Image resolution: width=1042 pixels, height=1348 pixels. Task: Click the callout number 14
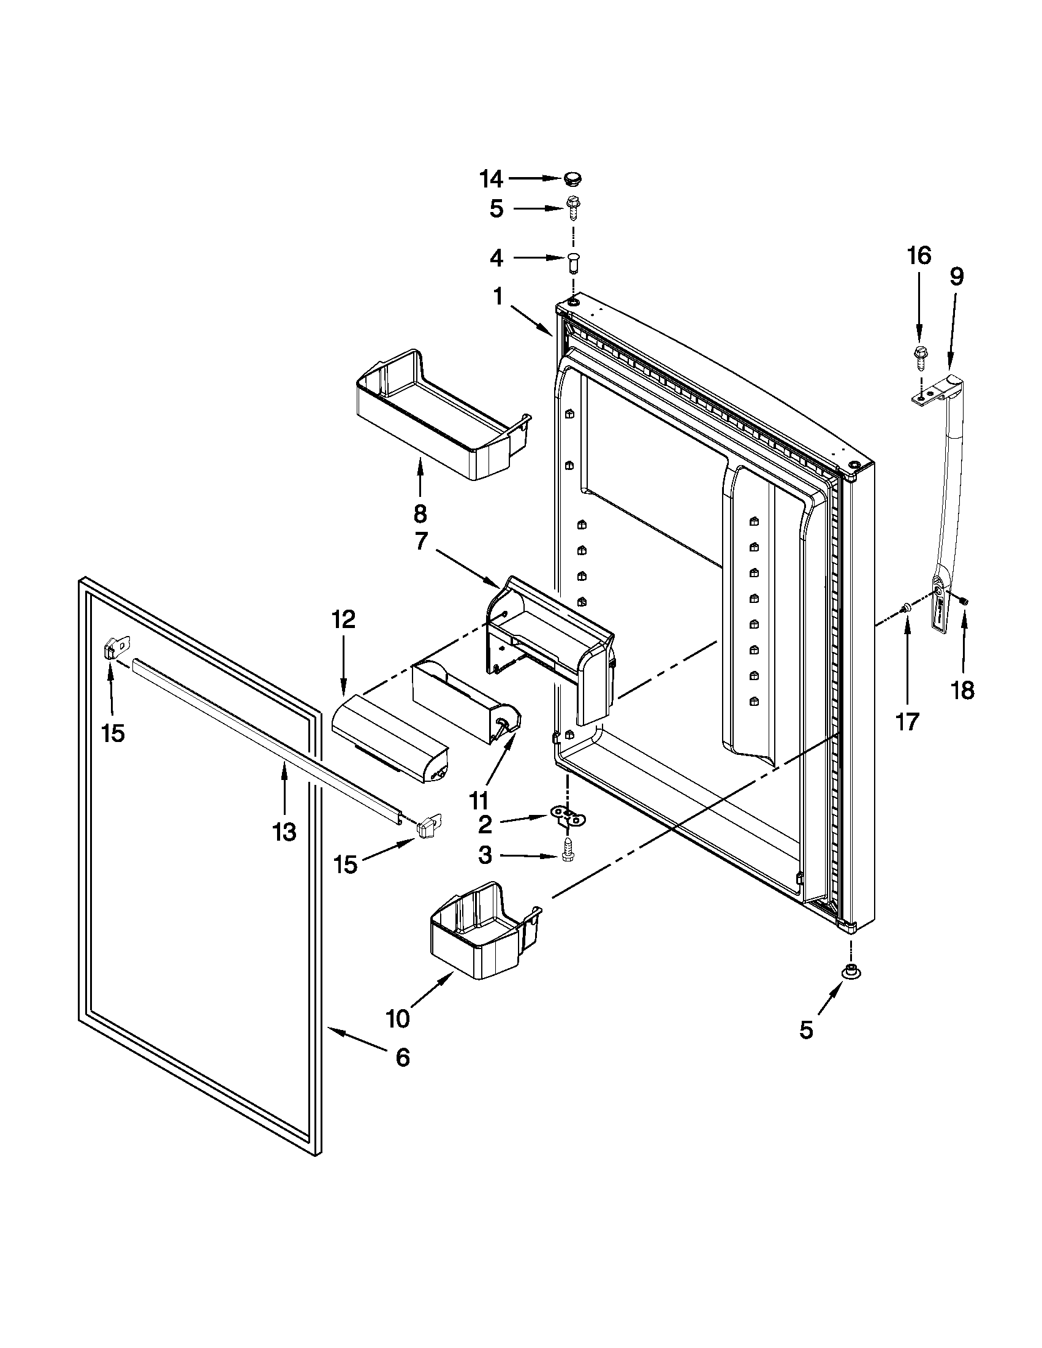(x=492, y=180)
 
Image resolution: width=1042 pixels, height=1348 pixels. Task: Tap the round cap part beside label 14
(x=572, y=179)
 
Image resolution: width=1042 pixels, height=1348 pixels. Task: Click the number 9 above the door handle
(x=956, y=277)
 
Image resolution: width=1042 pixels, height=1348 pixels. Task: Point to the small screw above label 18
(x=965, y=600)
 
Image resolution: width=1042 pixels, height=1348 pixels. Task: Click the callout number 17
(x=907, y=721)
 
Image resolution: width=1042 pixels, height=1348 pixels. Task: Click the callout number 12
(x=344, y=619)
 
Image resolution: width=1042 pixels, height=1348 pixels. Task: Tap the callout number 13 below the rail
(x=284, y=832)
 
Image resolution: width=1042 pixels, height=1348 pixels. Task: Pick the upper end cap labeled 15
(x=112, y=652)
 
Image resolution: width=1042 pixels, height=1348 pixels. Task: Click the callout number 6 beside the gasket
(x=402, y=1058)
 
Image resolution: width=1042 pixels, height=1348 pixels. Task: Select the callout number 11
(x=479, y=801)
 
